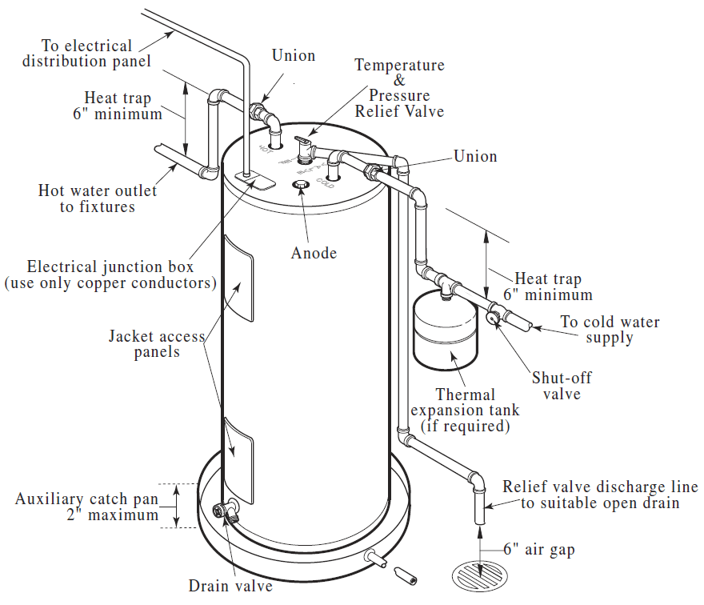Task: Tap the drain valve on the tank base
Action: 226,510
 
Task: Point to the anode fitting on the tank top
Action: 302,186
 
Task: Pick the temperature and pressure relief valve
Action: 304,146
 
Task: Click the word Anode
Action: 314,253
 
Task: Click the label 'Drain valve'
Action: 230,586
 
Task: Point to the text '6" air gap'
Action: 538,550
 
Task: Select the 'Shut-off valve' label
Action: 562,386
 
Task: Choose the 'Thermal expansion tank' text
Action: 466,410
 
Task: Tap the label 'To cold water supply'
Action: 610,330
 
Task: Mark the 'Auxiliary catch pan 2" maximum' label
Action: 88,507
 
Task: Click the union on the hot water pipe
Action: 260,111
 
